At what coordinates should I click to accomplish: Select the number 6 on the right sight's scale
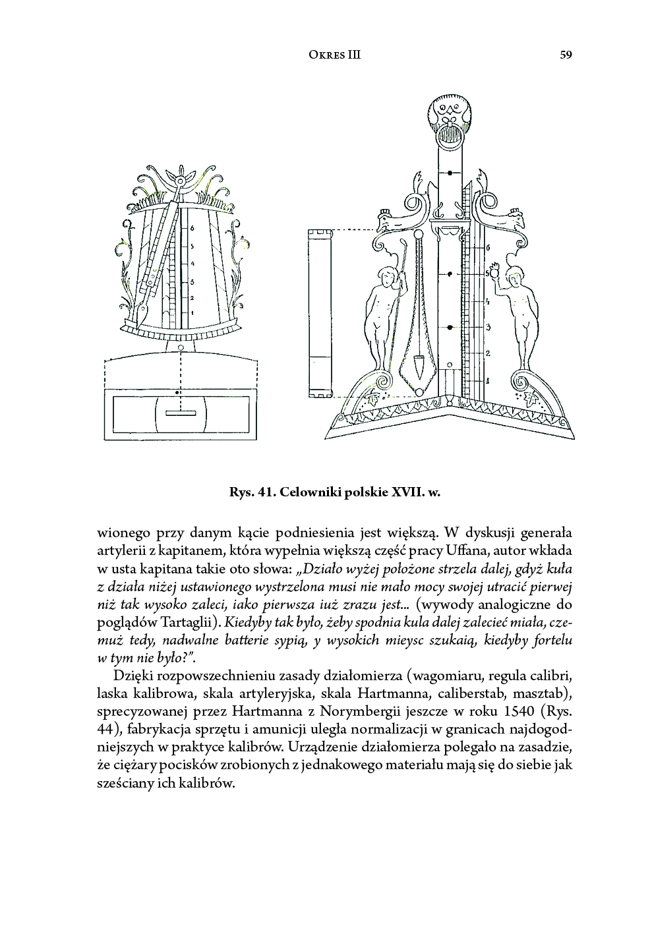pyautogui.click(x=488, y=248)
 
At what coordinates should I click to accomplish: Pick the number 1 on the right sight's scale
pyautogui.click(x=488, y=380)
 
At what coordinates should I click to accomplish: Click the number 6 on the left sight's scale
pyautogui.click(x=192, y=228)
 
